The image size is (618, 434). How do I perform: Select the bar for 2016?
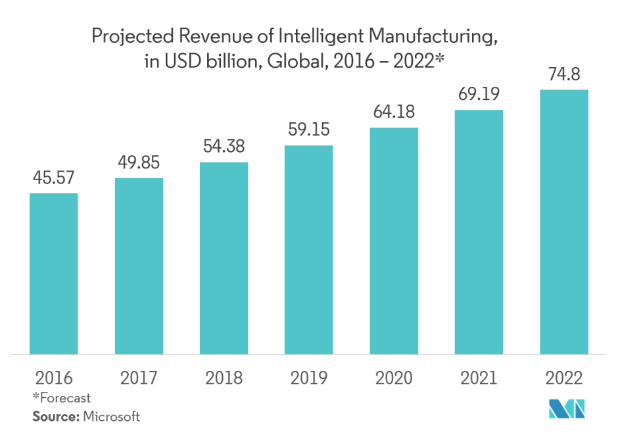pos(54,274)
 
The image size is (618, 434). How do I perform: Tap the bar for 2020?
pos(394,241)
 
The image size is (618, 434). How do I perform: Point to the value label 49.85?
pos(139,162)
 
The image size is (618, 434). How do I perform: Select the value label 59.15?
pos(308,130)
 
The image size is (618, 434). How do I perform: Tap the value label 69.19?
pos(478,95)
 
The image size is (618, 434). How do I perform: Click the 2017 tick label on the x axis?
pos(139,378)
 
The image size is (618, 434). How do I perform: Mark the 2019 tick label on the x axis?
pos(308,378)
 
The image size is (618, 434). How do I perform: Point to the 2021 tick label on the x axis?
pos(478,378)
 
